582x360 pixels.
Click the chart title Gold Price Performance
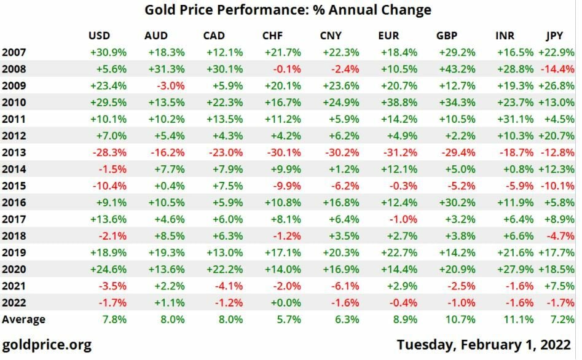(288, 10)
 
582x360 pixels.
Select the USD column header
(100, 36)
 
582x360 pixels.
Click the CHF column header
(272, 36)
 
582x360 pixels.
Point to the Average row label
(23, 319)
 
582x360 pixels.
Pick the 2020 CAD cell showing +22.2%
(218, 268)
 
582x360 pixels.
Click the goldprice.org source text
(47, 344)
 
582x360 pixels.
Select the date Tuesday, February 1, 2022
(483, 344)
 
